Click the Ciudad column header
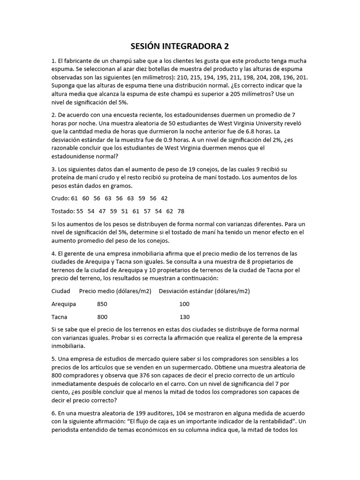click(x=61, y=291)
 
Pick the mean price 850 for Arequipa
click(x=102, y=304)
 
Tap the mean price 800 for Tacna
click(x=102, y=317)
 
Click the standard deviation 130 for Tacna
click(x=184, y=317)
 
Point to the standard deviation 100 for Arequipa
click(x=184, y=304)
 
